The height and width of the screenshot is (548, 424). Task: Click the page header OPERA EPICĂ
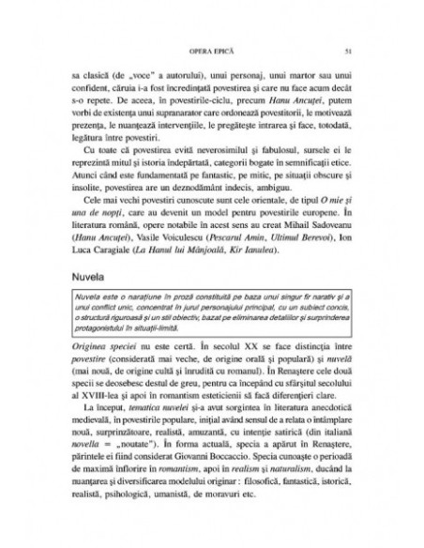click(211, 47)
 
